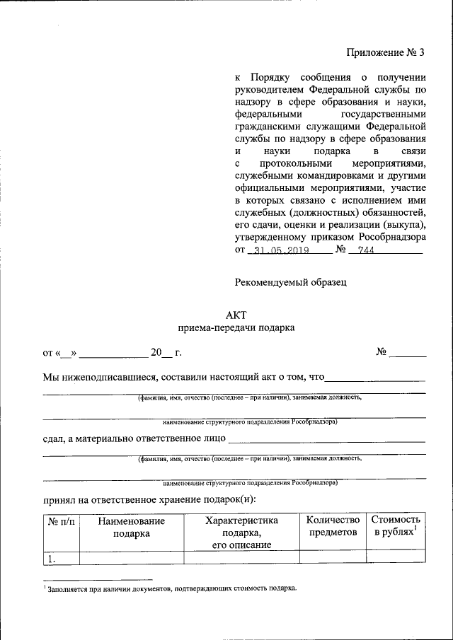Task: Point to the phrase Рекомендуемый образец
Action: [291, 282]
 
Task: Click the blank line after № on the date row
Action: [408, 352]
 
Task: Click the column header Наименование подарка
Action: [132, 527]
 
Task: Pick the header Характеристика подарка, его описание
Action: [241, 532]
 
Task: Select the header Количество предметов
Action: [333, 526]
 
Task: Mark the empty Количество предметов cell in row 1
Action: [333, 558]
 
